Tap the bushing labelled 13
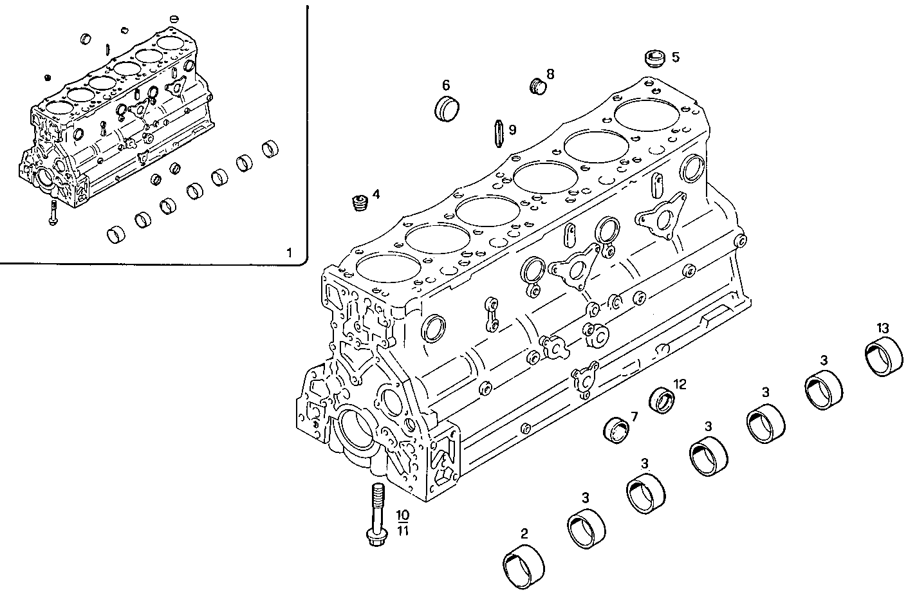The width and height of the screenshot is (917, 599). [x=882, y=356]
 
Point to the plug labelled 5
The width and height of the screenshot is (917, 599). [x=654, y=58]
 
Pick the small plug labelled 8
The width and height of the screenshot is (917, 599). [x=537, y=85]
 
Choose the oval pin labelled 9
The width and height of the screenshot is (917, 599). [x=496, y=131]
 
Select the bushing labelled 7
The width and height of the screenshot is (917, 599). [x=618, y=430]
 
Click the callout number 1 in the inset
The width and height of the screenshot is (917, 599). [x=289, y=253]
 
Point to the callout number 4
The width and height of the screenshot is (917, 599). [x=376, y=193]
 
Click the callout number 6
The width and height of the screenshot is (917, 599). [x=446, y=85]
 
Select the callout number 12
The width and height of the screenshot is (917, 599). [x=680, y=385]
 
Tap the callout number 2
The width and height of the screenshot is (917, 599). [x=524, y=533]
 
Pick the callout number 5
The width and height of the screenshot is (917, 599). [x=675, y=57]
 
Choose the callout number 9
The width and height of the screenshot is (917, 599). [x=512, y=130]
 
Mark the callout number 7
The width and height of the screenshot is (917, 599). [x=634, y=416]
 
